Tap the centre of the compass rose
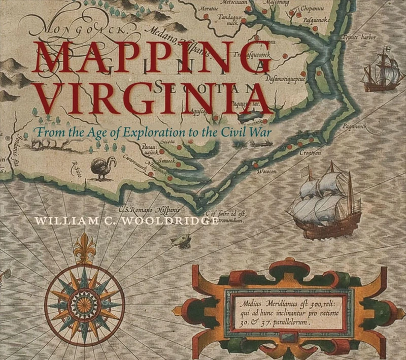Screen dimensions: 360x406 84,304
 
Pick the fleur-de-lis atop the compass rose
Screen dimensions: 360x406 84,246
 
